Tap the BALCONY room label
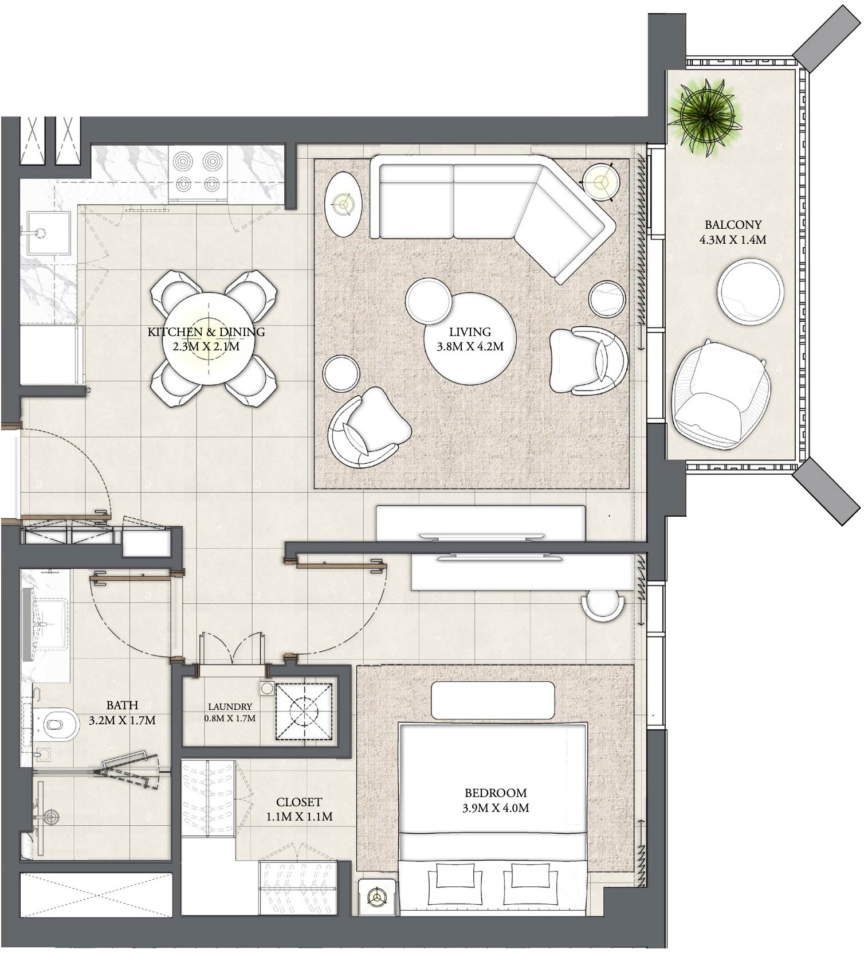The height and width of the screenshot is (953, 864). tap(733, 225)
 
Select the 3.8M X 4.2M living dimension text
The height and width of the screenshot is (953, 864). tap(470, 346)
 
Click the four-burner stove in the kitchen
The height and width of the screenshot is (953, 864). tap(198, 171)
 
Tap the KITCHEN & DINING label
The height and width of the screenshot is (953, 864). tap(206, 331)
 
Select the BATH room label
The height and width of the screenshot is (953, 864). tap(122, 705)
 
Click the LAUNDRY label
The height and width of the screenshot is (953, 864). tap(230, 707)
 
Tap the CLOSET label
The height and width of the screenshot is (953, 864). tap(299, 802)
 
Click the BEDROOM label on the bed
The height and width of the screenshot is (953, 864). tap(496, 793)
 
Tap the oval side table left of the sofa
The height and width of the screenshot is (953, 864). tap(343, 204)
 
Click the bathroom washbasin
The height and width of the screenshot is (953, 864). tap(49, 623)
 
